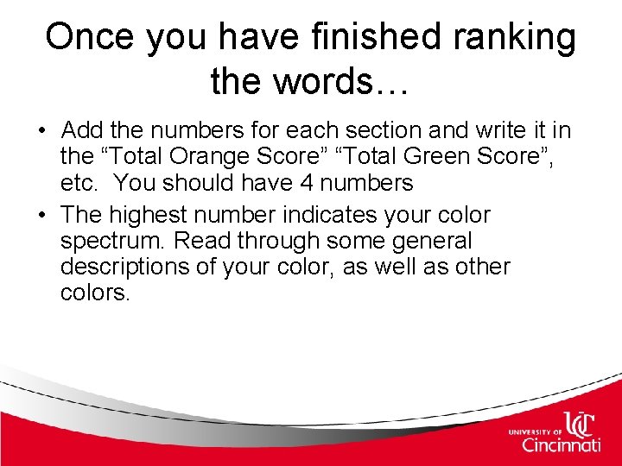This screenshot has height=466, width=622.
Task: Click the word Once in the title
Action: click(89, 37)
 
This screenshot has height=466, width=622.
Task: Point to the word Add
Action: click(81, 130)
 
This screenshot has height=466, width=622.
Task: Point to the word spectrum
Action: click(107, 241)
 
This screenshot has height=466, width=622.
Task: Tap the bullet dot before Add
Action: click(41, 131)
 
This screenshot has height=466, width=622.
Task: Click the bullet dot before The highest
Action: click(41, 215)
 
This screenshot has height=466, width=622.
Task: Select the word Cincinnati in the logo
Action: click(561, 444)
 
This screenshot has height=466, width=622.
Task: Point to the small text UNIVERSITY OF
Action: click(536, 430)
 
